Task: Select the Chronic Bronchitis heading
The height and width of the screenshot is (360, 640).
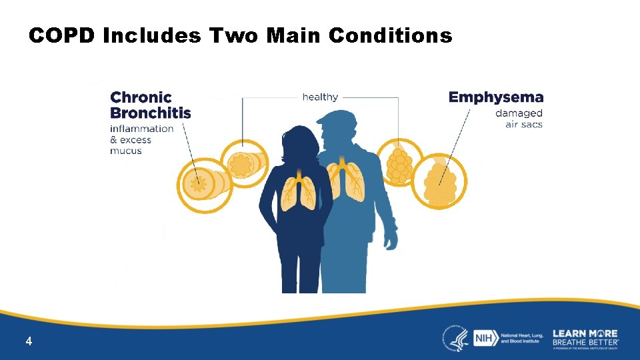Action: [x=150, y=105]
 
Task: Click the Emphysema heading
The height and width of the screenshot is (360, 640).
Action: [x=496, y=97]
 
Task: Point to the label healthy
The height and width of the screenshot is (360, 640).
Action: [x=320, y=97]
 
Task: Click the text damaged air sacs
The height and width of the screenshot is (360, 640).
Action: [x=519, y=119]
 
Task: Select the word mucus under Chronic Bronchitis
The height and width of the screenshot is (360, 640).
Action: [x=126, y=151]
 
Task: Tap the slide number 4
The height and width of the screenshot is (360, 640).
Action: [x=29, y=341]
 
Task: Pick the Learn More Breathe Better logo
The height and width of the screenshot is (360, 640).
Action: [x=585, y=338]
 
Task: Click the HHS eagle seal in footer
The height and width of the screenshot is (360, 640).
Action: [x=455, y=339]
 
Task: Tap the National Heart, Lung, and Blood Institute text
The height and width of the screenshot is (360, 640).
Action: [x=523, y=338]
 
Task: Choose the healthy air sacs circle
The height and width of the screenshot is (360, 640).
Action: [x=399, y=162]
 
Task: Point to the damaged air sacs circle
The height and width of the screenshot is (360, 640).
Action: [x=439, y=181]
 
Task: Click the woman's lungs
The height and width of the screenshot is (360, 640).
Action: [x=297, y=193]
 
